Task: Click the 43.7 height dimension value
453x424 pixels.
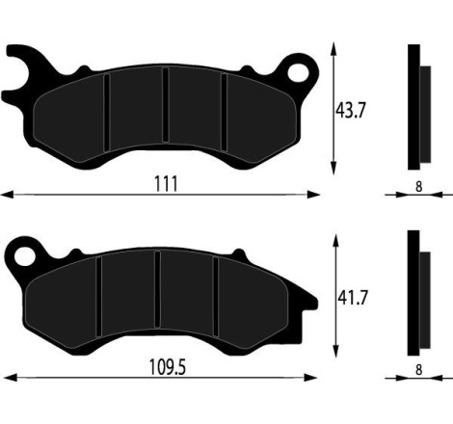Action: (350, 111)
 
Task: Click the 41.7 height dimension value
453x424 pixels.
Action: (350, 298)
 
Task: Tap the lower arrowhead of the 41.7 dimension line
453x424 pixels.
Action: (333, 352)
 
